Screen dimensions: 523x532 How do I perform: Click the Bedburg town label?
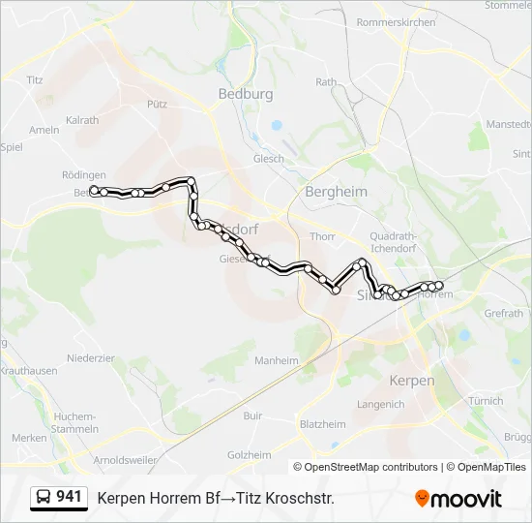tap(246, 94)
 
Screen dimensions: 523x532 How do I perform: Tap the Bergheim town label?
tap(336, 192)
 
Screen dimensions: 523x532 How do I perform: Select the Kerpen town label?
tap(411, 381)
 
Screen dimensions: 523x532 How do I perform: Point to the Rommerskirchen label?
tap(396, 21)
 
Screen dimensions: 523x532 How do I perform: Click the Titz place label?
tap(36, 80)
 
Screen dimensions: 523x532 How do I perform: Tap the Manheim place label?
tap(277, 360)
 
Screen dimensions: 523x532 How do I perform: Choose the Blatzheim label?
tap(323, 424)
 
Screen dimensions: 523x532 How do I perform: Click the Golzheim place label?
tap(249, 454)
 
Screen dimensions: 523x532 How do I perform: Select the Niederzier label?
tap(91, 357)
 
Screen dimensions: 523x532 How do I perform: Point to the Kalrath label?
tap(82, 121)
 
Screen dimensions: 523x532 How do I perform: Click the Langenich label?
tap(380, 404)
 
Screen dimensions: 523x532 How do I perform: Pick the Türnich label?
tap(485, 401)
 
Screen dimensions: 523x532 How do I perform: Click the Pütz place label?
tap(157, 103)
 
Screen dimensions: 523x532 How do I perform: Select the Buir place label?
tap(252, 415)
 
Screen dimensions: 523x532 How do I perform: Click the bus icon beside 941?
tap(44, 498)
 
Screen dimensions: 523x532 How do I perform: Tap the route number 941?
tap(70, 497)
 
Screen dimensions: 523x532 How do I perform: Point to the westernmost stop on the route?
tap(93, 190)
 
